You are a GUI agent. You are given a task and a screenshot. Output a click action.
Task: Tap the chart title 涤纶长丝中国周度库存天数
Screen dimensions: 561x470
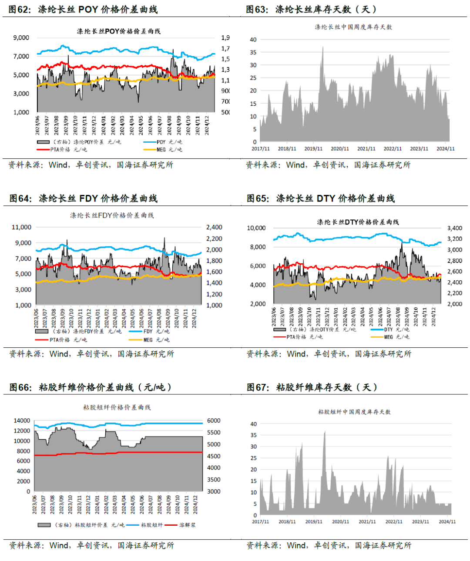pyautogui.click(x=353, y=27)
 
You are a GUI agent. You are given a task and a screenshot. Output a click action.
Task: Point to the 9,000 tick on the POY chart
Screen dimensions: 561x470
pyautogui.click(x=21, y=38)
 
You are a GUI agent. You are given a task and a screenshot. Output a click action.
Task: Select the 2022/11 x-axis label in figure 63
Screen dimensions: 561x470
pyautogui.click(x=393, y=149)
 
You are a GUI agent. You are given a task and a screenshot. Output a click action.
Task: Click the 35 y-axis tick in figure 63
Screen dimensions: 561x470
pyautogui.click(x=253, y=52)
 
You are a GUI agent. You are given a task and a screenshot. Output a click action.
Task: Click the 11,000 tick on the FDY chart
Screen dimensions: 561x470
pyautogui.click(x=21, y=227)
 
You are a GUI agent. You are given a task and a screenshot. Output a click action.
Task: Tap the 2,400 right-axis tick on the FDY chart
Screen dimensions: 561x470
pyautogui.click(x=214, y=227)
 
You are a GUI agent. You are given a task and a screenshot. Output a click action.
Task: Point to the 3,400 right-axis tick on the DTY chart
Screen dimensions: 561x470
pyautogui.click(x=455, y=228)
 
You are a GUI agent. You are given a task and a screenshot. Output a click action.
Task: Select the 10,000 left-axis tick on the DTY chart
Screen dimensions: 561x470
pyautogui.click(x=256, y=228)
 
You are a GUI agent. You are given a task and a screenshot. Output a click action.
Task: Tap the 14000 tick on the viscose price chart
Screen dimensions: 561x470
pyautogui.click(x=22, y=420)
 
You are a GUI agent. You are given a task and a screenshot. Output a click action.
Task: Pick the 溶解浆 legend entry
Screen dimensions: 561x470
pyautogui.click(x=187, y=525)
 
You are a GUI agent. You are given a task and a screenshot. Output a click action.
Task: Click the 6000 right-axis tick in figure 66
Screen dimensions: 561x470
pyautogui.click(x=214, y=420)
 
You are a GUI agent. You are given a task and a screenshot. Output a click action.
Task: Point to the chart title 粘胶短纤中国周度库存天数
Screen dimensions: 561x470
pyautogui.click(x=354, y=412)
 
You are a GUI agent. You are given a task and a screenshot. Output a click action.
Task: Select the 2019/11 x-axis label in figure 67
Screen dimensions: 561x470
pyautogui.click(x=314, y=521)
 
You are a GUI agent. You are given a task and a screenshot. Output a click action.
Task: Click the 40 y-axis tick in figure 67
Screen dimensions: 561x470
pyautogui.click(x=253, y=424)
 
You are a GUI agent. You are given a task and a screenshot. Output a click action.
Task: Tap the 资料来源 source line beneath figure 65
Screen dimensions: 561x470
pyautogui.click(x=329, y=354)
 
